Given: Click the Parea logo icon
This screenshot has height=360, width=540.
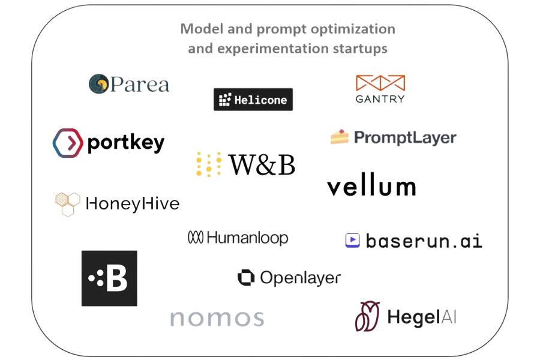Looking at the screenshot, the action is pos(98,84).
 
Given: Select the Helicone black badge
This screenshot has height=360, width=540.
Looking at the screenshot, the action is pos(253,100).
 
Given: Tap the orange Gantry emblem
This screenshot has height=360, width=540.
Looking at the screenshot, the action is pos(380,83).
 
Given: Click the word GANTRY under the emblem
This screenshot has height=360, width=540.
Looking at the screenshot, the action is pos(380,98).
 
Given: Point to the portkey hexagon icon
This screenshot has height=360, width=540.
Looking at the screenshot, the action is pos(67,143).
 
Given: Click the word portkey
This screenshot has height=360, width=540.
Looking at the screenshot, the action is pos(125,143).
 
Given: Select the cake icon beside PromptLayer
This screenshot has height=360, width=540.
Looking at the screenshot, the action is pos(339,137).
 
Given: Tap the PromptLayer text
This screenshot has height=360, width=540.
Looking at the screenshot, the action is pos(405,138).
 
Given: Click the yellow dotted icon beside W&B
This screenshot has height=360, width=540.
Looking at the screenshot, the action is pos(209,166).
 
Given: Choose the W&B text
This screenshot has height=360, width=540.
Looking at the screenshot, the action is pos(262,166).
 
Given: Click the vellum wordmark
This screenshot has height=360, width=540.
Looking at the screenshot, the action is pos(371,187).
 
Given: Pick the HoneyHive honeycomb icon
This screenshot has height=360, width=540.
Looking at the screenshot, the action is pos(67,203).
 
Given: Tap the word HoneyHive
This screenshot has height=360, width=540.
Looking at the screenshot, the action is pos(133,203).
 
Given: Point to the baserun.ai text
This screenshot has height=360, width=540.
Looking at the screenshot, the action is pos(424,242).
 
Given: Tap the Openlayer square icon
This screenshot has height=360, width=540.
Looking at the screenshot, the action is pos(245,277).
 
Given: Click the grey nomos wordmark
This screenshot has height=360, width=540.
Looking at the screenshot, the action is pos(217,318).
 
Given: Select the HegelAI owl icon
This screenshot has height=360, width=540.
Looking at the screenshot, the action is pos(367,316).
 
